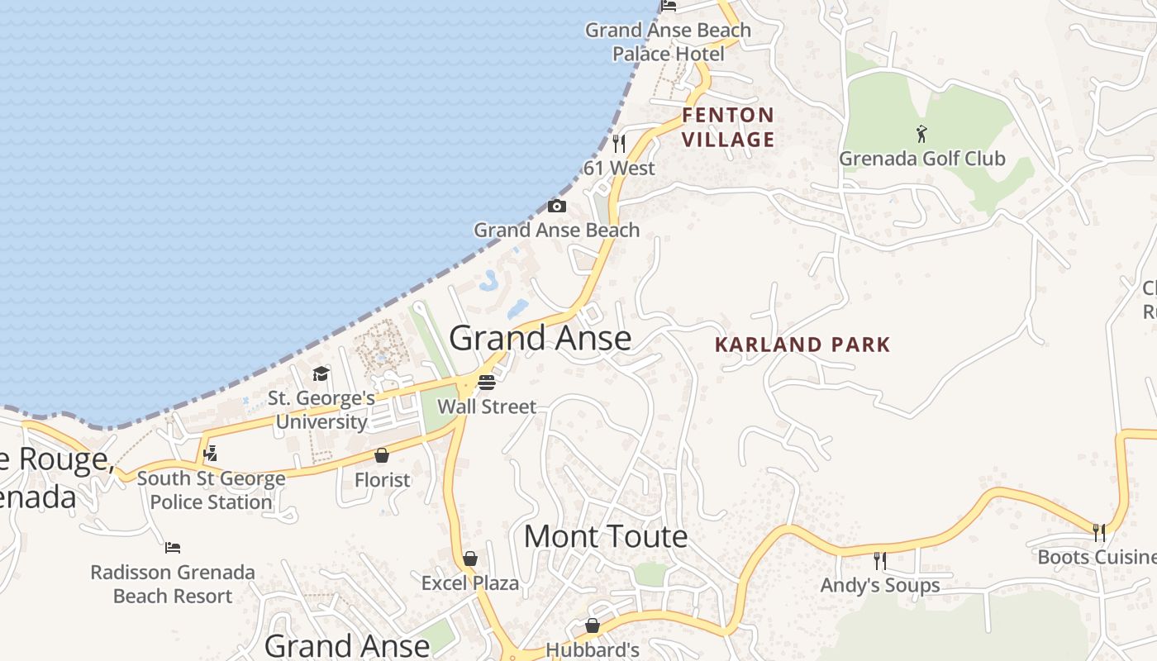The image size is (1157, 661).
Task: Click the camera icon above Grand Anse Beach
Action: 557,206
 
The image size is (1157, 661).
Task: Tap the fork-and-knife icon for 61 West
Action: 619,144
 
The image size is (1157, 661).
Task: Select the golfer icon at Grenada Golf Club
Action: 921,133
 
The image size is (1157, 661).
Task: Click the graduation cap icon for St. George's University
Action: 321,374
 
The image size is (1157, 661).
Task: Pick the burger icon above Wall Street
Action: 487,382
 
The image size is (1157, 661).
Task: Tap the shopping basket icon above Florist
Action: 382,455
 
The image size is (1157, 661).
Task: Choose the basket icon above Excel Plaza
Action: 470,559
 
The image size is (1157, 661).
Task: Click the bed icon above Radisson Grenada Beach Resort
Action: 173,547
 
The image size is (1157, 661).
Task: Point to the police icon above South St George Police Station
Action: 211,453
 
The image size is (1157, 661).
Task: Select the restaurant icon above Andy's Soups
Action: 880,561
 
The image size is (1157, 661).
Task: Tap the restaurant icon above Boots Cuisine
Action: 1099,533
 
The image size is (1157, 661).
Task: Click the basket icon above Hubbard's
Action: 593,625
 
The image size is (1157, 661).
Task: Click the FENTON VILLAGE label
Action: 728,127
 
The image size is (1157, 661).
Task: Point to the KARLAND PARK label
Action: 802,345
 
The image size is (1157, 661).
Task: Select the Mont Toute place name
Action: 606,536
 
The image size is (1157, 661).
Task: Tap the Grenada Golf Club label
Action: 922,158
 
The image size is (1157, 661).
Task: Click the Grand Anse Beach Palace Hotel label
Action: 668,42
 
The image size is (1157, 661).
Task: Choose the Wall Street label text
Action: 487,407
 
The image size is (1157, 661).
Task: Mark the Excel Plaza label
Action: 470,583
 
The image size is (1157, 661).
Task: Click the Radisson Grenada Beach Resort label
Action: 173,584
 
